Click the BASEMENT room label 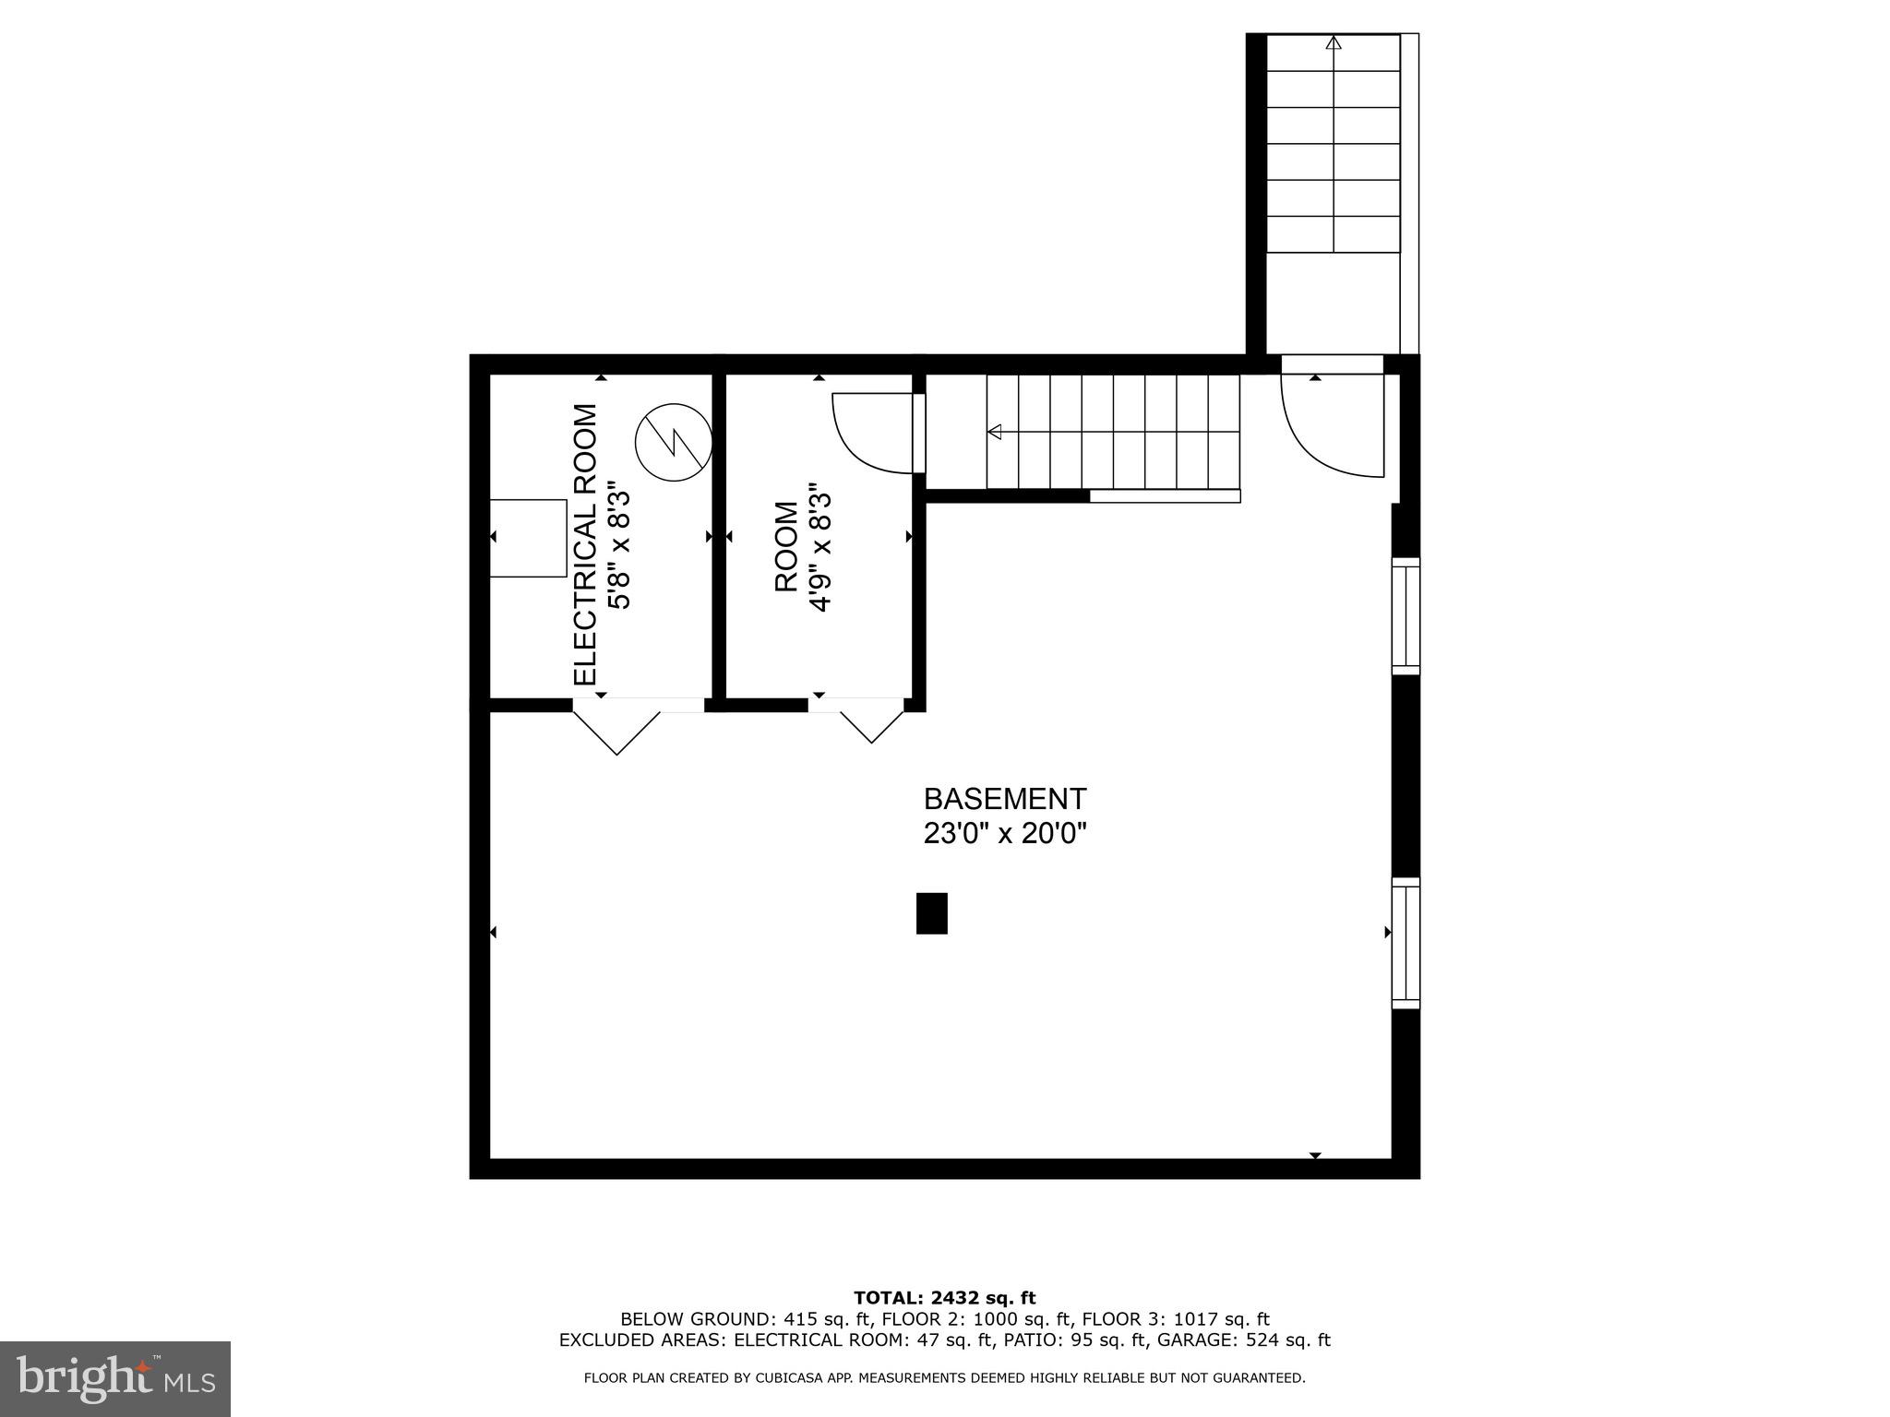(x=1005, y=798)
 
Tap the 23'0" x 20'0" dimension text (x=1005, y=834)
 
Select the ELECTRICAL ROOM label (x=586, y=544)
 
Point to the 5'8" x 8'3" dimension (x=619, y=549)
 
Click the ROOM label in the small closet (x=786, y=546)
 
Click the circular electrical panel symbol (x=674, y=442)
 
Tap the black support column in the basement (x=931, y=913)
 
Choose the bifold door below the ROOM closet (x=870, y=721)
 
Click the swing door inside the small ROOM (x=872, y=432)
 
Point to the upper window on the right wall (x=1406, y=615)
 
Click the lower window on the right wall (x=1406, y=943)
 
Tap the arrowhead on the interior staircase (x=995, y=432)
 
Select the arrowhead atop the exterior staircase (x=1334, y=42)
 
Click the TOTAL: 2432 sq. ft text (x=944, y=1299)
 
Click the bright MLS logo (x=115, y=1378)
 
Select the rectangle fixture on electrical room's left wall (x=527, y=538)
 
